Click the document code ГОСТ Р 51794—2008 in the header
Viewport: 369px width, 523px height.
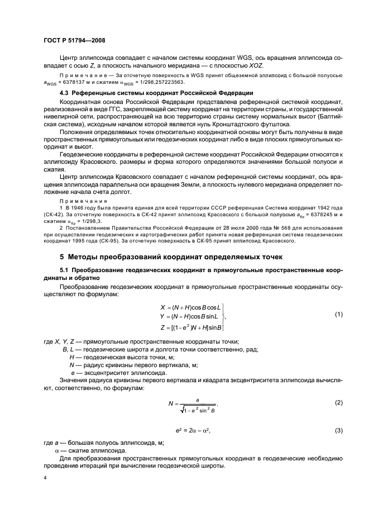click(x=74, y=40)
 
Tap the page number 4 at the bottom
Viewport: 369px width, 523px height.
click(x=45, y=478)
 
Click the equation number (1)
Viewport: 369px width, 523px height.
click(x=338, y=315)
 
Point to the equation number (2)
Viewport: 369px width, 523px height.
click(x=338, y=403)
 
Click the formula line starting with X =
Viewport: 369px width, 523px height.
click(x=190, y=307)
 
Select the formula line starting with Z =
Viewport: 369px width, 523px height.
click(x=190, y=327)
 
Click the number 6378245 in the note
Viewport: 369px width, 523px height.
click(x=317, y=213)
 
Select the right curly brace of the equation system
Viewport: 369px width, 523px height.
click(x=224, y=317)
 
